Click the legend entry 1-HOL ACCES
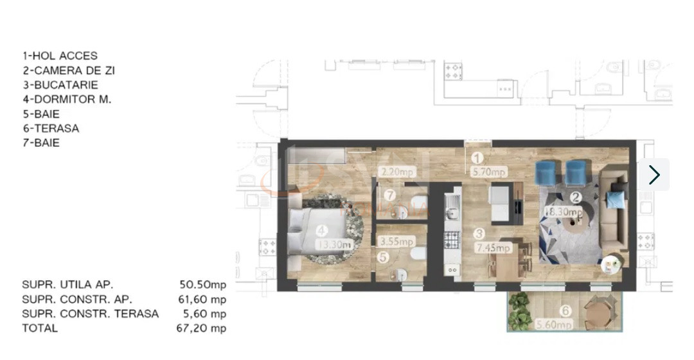(60, 56)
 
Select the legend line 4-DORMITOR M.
(67, 99)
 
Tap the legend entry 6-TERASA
(51, 128)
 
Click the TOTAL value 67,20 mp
(202, 328)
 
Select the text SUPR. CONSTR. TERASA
(90, 314)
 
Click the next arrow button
(654, 175)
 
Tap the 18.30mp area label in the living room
(564, 212)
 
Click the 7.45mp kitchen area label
(493, 248)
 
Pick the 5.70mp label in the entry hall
(489, 172)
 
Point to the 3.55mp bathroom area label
(395, 242)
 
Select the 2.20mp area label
(396, 172)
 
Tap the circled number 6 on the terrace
(565, 312)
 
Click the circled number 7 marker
(389, 195)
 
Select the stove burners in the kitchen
(452, 240)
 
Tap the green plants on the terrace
(518, 312)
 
